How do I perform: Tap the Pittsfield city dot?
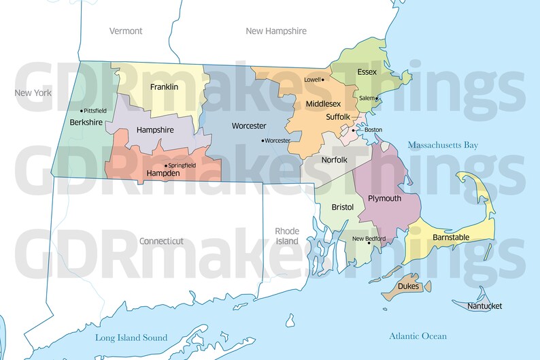[x=82, y=110]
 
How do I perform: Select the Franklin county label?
[x=164, y=86]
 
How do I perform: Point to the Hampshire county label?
[x=155, y=129]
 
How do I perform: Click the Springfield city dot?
[x=166, y=165]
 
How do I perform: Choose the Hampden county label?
[x=163, y=174]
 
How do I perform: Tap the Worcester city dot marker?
[x=263, y=141]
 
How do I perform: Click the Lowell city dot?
[x=323, y=80]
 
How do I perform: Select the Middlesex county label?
[x=324, y=103]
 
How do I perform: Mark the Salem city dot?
[x=377, y=98]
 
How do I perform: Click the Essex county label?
[x=367, y=71]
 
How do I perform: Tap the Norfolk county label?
[x=335, y=160]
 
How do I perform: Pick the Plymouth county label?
[x=384, y=198]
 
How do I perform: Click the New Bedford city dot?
[x=369, y=244]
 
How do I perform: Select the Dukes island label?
[x=407, y=287]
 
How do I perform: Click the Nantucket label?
[x=485, y=306]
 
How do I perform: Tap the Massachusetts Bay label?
[x=443, y=145]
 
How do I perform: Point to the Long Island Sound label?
[x=131, y=337]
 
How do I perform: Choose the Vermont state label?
[x=126, y=31]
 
